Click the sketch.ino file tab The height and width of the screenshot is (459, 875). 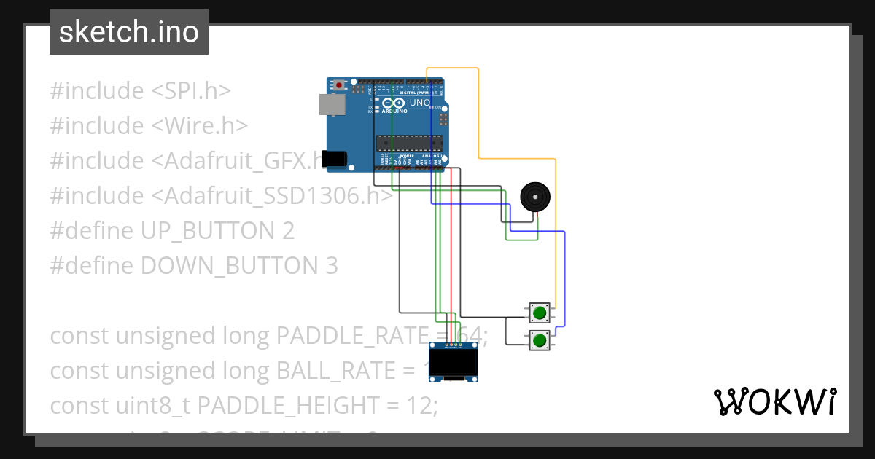(x=129, y=32)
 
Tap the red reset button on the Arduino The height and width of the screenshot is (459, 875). (x=339, y=85)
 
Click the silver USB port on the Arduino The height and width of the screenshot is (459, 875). (x=332, y=105)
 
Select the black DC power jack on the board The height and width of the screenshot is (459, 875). (x=335, y=159)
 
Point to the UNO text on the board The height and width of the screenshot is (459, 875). (x=419, y=103)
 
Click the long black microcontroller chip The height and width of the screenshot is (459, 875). (x=409, y=141)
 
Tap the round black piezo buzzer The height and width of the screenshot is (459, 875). (x=534, y=197)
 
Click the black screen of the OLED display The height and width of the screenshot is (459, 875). (x=457, y=362)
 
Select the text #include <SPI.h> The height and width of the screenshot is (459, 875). (x=140, y=91)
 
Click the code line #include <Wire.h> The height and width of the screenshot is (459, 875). (x=149, y=126)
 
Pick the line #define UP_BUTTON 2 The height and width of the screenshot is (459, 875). (x=172, y=231)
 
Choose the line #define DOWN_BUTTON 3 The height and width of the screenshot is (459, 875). (x=193, y=266)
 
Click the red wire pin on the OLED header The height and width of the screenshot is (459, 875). (x=452, y=344)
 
